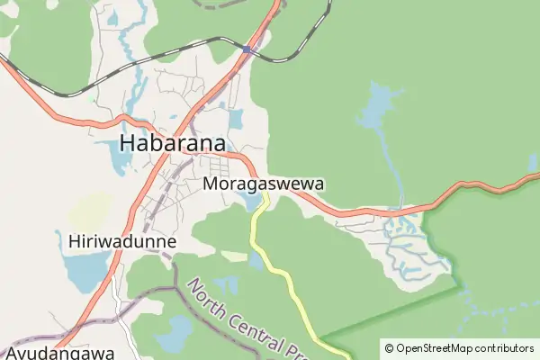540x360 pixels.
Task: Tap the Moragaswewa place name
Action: click(x=264, y=183)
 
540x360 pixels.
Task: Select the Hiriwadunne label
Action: click(x=121, y=241)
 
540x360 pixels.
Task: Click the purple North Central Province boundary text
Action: click(x=247, y=319)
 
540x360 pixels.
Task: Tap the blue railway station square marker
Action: click(x=246, y=49)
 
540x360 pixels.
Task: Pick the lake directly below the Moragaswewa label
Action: click(x=251, y=202)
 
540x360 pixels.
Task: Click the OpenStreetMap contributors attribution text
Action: click(x=464, y=347)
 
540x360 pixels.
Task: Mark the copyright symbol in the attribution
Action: click(x=389, y=347)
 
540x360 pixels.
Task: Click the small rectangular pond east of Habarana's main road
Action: click(x=236, y=119)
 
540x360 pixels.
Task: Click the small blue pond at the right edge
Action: click(x=534, y=162)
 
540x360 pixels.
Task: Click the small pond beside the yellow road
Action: click(x=256, y=262)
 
